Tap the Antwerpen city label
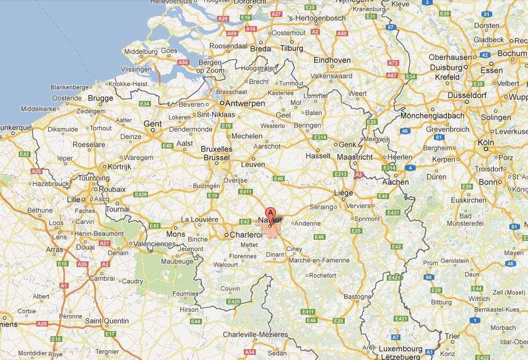(245, 104)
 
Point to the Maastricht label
(354, 156)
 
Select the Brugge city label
(101, 98)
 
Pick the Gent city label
(153, 124)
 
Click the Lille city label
(74, 200)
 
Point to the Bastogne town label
(358, 297)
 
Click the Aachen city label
(395, 182)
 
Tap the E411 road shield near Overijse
(246, 192)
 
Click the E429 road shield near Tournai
(141, 195)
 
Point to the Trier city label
(452, 336)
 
